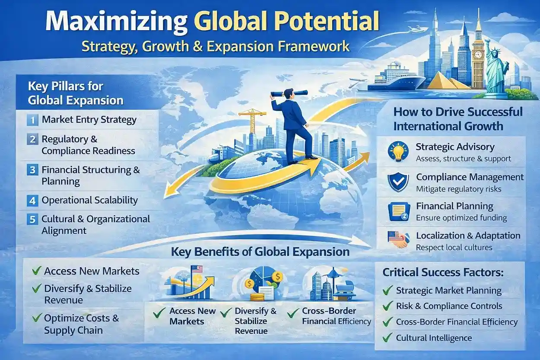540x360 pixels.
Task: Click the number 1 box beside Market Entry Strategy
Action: tap(32, 119)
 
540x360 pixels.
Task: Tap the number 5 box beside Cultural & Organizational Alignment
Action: tap(32, 219)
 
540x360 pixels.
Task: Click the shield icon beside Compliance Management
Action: tap(398, 182)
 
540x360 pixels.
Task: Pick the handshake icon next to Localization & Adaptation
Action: tap(398, 240)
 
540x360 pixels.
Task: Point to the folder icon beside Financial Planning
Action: tap(398, 211)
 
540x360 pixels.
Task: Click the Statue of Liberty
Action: tap(496, 65)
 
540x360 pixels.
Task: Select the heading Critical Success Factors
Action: tap(443, 273)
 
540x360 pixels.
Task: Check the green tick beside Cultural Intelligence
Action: tap(388, 337)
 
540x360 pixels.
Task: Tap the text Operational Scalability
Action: tap(89, 200)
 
